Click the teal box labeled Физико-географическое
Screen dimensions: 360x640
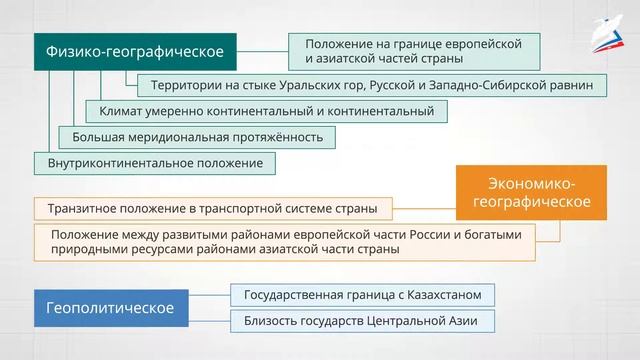click(135, 50)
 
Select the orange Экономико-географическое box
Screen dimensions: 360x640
click(531, 193)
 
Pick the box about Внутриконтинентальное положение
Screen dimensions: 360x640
click(155, 161)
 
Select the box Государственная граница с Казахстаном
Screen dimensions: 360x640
click(363, 295)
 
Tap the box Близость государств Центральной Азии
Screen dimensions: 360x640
click(363, 321)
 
